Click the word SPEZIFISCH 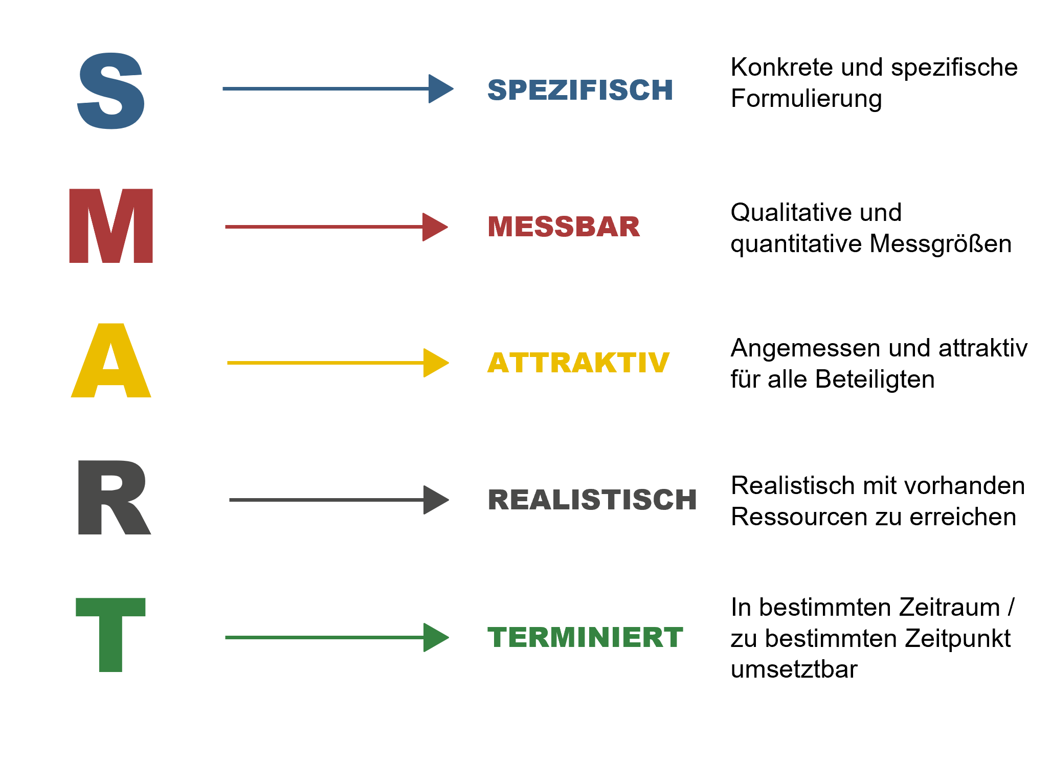point(580,90)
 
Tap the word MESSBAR point(564,227)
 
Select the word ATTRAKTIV point(578,363)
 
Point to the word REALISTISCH point(592,500)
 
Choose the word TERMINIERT point(585,637)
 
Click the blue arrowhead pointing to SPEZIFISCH point(439,89)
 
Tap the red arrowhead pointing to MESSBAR point(434,227)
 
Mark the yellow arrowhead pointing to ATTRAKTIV point(435,363)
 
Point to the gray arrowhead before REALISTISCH point(435,500)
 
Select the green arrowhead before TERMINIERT point(435,637)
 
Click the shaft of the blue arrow point(325,89)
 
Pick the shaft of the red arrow point(324,227)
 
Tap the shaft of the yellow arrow point(325,363)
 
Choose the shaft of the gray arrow point(326,500)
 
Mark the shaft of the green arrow point(324,637)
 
